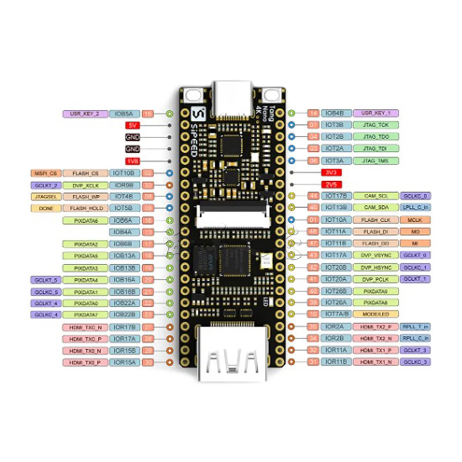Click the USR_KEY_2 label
tap(85, 113)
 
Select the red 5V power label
tap(132, 125)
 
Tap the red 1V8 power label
tap(132, 161)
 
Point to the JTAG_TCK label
tap(376, 125)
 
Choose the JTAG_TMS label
tap(376, 161)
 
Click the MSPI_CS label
tap(45, 173)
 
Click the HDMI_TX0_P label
tap(85, 362)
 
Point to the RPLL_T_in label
tap(414, 326)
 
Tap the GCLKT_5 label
tap(45, 280)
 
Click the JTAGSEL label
tap(45, 197)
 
